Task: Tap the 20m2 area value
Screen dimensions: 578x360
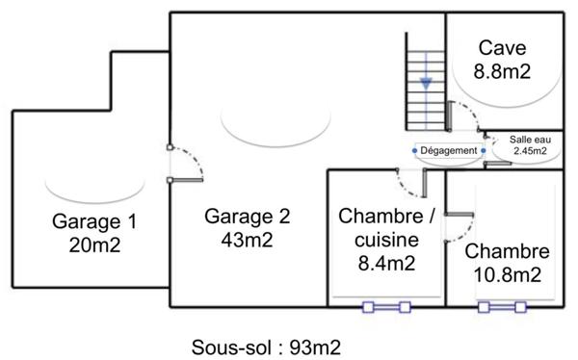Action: [x=94, y=245]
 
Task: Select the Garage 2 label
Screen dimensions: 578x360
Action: [x=248, y=215]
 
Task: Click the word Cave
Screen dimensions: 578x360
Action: [x=503, y=48]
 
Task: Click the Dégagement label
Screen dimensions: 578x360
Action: [x=449, y=151]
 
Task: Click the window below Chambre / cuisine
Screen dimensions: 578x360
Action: [x=385, y=308]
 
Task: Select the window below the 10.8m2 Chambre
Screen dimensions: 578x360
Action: [x=501, y=308]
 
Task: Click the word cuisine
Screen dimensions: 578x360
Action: [x=378, y=239]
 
